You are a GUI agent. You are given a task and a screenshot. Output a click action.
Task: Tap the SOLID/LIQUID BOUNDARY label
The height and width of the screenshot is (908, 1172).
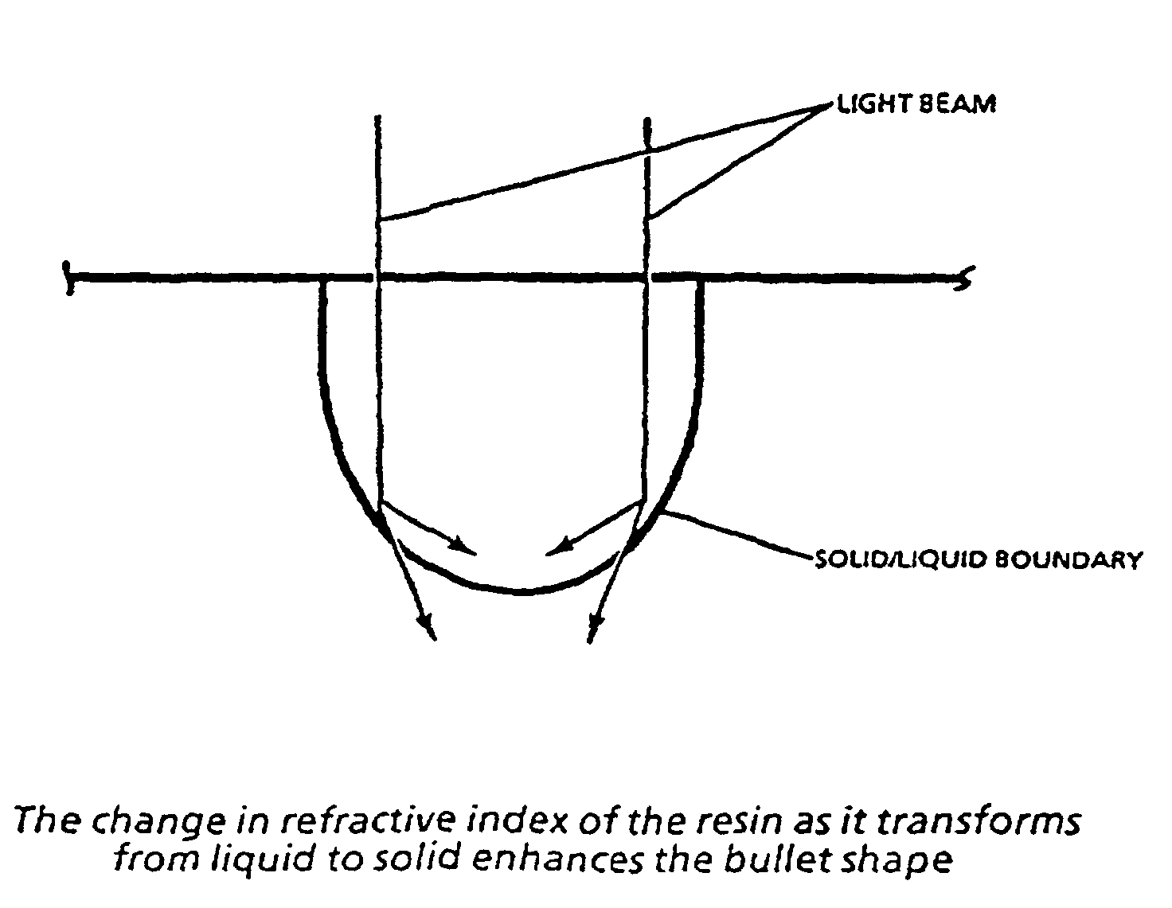click(977, 560)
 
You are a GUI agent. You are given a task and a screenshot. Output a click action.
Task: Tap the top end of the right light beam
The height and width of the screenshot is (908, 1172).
click(648, 121)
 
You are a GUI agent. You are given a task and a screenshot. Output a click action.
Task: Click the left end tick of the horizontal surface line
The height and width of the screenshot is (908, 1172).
click(70, 278)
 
